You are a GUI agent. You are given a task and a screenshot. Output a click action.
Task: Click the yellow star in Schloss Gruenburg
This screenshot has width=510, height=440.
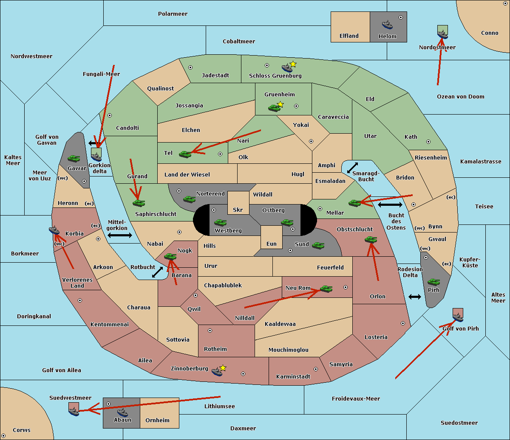[293, 64]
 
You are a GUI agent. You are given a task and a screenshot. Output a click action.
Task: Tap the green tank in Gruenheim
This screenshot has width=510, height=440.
[274, 108]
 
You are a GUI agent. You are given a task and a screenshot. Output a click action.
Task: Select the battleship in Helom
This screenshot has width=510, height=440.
[387, 25]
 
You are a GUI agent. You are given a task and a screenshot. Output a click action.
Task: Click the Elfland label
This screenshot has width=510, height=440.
[349, 36]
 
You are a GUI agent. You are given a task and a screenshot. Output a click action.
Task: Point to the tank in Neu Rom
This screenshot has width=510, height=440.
[326, 289]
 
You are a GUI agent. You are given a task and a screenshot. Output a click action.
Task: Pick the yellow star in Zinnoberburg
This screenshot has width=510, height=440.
[223, 368]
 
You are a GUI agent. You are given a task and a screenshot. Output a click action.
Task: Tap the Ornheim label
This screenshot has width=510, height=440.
[157, 420]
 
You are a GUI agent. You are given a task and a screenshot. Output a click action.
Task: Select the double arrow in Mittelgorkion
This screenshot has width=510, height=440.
[120, 235]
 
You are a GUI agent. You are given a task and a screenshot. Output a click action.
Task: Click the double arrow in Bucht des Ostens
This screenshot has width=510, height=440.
[390, 205]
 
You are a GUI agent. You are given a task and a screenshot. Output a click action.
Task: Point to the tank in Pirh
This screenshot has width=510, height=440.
[433, 282]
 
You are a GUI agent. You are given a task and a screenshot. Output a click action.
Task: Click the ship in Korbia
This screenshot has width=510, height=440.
[54, 230]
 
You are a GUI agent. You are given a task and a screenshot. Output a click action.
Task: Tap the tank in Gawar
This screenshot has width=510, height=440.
[74, 158]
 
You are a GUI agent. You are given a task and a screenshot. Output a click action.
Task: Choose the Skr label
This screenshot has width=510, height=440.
[238, 210]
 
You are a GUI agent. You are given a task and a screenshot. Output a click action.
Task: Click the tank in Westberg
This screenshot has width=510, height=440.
[220, 222]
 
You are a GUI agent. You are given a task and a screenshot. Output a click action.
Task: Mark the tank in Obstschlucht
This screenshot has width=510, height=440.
[371, 240]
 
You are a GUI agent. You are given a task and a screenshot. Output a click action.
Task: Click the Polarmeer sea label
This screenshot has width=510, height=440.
[173, 14]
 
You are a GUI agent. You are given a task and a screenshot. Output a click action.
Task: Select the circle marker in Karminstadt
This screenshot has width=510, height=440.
[316, 369]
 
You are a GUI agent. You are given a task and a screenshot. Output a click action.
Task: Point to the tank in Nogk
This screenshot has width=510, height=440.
[170, 256]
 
